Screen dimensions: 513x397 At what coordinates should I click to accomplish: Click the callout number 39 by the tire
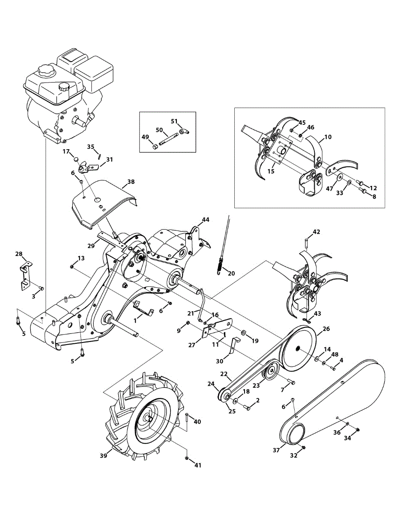pos(103,456)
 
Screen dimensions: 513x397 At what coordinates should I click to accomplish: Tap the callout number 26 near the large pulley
pos(326,329)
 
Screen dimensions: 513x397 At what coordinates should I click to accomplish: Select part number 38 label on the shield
pos(131,181)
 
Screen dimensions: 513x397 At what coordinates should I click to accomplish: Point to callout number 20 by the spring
pos(231,273)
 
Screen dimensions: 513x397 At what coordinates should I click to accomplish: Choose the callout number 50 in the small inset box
pos(159,130)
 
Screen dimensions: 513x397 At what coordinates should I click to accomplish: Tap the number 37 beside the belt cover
pos(276,450)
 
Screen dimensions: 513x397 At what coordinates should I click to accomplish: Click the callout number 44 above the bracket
pos(206,219)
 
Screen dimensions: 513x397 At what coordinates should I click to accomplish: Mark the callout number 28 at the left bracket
pos(19,254)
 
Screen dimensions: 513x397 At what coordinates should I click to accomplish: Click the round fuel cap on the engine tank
pos(64,87)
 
